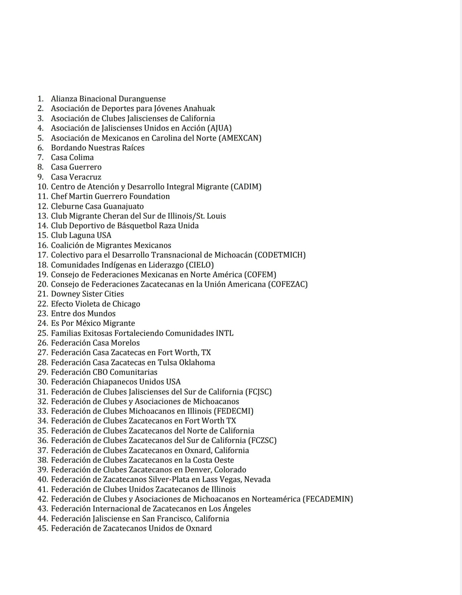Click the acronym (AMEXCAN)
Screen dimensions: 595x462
point(240,138)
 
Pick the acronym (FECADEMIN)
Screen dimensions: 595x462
point(328,499)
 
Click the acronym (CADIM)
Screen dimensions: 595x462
point(246,187)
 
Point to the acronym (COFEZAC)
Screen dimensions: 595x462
point(287,284)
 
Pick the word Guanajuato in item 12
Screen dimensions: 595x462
point(123,207)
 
